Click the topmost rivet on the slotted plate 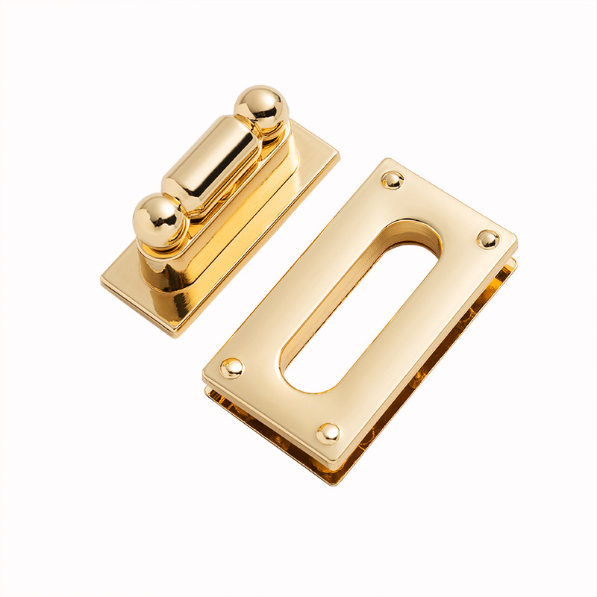392,179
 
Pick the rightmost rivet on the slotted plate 488,239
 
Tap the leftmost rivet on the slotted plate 231,367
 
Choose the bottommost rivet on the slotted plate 328,433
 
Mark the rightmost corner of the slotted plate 516,240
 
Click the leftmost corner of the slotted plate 204,373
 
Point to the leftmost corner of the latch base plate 102,281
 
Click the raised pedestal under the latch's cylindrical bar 231,216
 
